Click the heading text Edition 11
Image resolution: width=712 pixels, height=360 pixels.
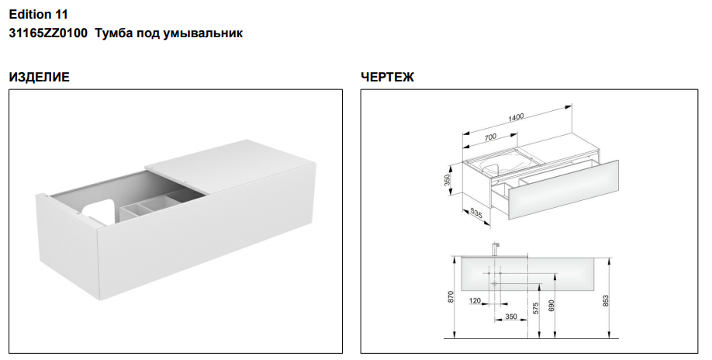pyautogui.click(x=38, y=15)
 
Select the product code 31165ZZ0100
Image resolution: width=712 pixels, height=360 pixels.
pyautogui.click(x=48, y=33)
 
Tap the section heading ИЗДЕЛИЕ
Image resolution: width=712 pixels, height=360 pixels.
pyautogui.click(x=40, y=77)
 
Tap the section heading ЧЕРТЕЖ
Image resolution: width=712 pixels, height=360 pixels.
pyautogui.click(x=387, y=77)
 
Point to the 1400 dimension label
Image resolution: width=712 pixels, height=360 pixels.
pyautogui.click(x=516, y=117)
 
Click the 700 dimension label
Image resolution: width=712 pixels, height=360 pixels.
pyautogui.click(x=490, y=137)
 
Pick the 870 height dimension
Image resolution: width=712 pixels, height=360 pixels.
pyautogui.click(x=451, y=297)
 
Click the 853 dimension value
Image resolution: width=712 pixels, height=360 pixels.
pyautogui.click(x=606, y=300)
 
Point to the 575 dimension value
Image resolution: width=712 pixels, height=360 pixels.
pyautogui.click(x=536, y=308)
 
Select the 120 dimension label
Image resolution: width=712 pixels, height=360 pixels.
pyautogui.click(x=475, y=300)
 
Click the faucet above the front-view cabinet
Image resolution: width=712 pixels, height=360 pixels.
pyautogui.click(x=496, y=248)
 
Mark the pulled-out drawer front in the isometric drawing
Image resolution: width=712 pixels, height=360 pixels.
pyautogui.click(x=562, y=190)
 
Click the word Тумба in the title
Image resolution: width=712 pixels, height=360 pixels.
pyautogui.click(x=109, y=33)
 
